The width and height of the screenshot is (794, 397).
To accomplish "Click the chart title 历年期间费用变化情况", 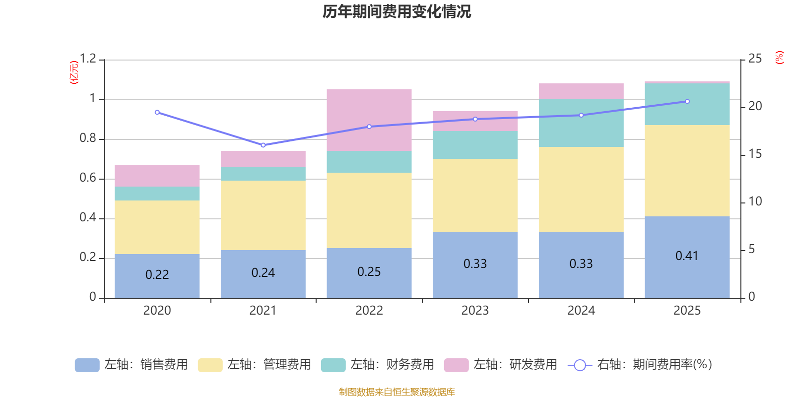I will point(397,11).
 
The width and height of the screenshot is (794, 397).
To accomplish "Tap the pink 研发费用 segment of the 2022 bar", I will point(369,120).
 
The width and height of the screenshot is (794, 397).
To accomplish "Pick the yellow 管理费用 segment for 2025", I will point(687,170).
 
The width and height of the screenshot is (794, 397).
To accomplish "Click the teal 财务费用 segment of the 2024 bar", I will point(581,123).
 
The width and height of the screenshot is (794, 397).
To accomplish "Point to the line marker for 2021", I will point(263,145).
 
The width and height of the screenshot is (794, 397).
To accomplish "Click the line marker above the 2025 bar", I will point(687,101).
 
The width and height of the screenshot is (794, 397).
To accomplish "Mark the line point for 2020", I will point(157,112).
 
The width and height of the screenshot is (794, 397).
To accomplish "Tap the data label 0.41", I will point(687,256).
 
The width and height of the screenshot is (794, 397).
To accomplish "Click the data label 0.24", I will point(263,272).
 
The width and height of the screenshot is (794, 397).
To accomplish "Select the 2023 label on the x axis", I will point(475,311).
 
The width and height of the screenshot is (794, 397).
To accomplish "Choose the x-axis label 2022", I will point(369,311).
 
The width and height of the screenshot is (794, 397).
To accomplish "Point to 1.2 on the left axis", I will point(88,59).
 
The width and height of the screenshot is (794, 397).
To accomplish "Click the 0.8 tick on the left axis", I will point(88,138).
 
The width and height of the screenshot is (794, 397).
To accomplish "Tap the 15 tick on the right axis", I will point(755,154).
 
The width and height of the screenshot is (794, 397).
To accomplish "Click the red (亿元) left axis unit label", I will point(74,72).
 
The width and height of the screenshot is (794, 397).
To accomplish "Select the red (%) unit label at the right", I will point(779,58).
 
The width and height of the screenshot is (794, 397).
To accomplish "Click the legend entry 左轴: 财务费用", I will point(378,365).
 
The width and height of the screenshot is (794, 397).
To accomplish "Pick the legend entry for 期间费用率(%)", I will point(640,365).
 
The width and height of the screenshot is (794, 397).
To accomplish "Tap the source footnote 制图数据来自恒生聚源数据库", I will point(397,392).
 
